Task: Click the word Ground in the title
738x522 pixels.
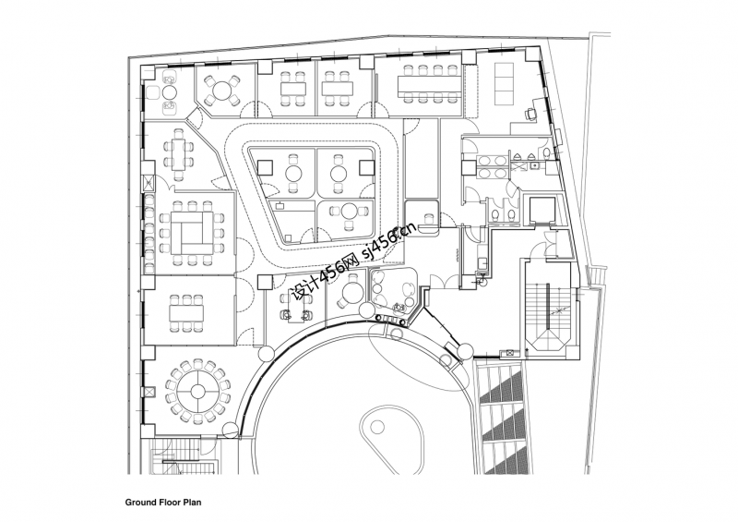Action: coord(142,504)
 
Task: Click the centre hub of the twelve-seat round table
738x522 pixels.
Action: coord(196,390)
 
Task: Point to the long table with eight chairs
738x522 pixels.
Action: coord(429,85)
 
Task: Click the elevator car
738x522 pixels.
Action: coord(539,211)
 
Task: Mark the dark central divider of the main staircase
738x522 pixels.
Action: coord(550,310)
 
